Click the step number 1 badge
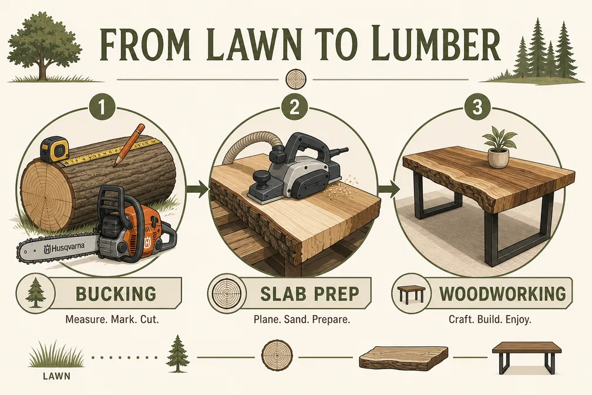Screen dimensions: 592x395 point(101,107)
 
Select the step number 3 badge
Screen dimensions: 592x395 point(477,107)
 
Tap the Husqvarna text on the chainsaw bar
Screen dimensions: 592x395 point(65,248)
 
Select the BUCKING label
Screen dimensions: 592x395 point(116,294)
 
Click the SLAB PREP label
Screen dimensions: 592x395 point(310,294)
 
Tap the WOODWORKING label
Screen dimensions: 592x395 point(503,294)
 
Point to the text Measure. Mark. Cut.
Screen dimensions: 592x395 point(112,319)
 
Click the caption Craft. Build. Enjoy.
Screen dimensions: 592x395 point(490,319)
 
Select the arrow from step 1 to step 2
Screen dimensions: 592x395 point(199,188)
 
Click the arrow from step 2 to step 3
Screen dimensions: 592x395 point(389,188)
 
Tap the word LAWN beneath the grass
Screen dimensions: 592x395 point(56,376)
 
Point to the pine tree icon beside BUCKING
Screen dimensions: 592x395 point(35,293)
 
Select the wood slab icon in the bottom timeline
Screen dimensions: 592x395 point(403,357)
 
